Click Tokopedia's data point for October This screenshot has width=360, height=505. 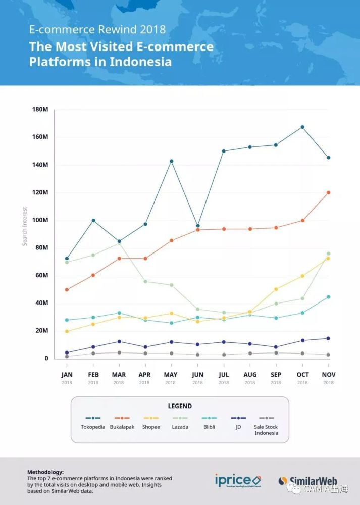tap(302, 127)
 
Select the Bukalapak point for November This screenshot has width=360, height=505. tap(328, 192)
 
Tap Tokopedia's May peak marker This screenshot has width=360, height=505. tap(171, 161)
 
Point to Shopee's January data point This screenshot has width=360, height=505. tap(67, 331)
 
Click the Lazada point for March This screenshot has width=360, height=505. tap(119, 244)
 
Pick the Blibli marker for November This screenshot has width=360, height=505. tap(328, 297)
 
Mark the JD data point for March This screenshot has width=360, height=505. tap(119, 342)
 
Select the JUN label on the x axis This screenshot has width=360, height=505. tap(197, 375)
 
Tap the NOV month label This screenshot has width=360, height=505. tap(328, 375)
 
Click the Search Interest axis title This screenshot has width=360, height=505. tap(25, 226)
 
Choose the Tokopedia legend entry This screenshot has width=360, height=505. tap(93, 427)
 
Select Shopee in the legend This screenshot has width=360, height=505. tap(151, 427)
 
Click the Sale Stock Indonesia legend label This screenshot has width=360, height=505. tap(266, 430)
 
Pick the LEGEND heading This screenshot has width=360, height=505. tap(180, 406)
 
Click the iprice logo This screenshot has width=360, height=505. tap(237, 480)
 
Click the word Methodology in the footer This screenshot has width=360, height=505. tap(45, 471)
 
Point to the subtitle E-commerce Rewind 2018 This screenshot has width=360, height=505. tap(97, 29)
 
